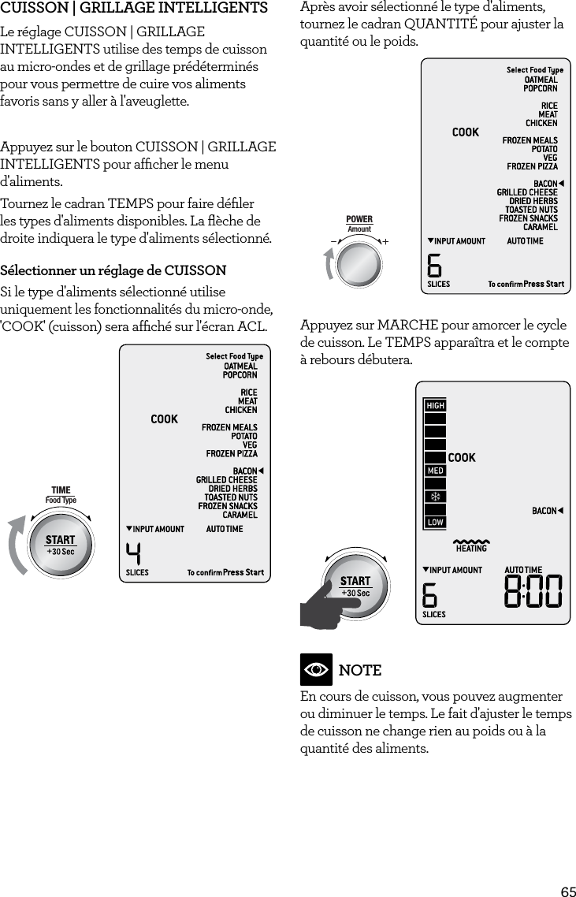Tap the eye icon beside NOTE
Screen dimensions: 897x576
pos(316,670)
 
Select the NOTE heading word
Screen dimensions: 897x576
pos(359,670)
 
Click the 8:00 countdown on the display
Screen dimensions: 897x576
pos(533,592)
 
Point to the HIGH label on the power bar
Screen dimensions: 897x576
pos(435,405)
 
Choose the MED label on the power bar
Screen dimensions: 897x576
pos(435,471)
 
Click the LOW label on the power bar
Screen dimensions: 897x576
pos(435,522)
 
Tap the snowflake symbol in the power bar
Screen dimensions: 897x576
pos(435,497)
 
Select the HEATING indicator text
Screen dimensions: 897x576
pos(470,548)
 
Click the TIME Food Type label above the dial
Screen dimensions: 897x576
pos(61,495)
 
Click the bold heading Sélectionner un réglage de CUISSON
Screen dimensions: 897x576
pos(113,271)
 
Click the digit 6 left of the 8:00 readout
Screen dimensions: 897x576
pos(430,594)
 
